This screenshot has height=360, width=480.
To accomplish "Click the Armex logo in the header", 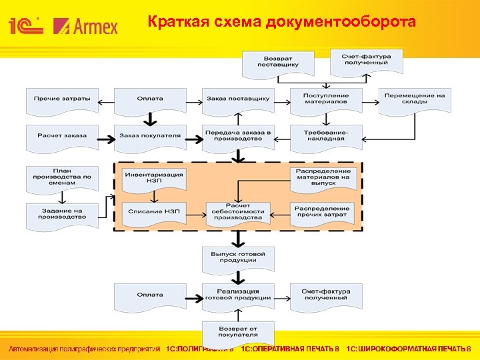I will (x=85, y=26).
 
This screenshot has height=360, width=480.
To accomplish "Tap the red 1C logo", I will (x=26, y=26).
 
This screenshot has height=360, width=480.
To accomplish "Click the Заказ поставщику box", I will (x=238, y=99).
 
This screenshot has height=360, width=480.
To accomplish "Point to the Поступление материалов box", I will (x=325, y=99).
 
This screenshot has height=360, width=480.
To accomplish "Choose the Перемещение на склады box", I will (x=414, y=99).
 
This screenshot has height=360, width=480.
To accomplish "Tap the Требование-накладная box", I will (x=325, y=136).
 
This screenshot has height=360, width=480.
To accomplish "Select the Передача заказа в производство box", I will (x=238, y=136).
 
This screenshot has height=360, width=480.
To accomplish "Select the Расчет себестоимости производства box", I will (x=238, y=213).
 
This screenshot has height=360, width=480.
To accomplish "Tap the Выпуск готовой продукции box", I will (x=238, y=258).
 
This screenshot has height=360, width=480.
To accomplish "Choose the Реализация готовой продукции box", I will (x=238, y=295).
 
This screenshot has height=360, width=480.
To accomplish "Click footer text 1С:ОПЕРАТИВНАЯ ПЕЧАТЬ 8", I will (x=290, y=349).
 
